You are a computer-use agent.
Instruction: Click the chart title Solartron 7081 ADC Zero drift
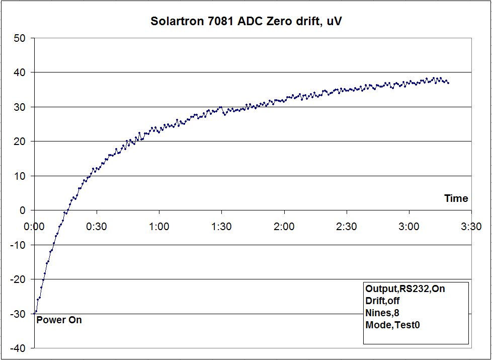point(247,22)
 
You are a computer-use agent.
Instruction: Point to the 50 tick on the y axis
point(20,38)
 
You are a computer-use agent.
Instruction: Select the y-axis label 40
point(20,73)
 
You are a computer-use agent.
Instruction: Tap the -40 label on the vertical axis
point(18,348)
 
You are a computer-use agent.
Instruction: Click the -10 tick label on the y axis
point(18,245)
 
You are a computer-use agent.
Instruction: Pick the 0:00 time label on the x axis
point(34,227)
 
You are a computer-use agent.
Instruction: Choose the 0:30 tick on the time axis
point(97,227)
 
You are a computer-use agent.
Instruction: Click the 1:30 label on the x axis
point(221,227)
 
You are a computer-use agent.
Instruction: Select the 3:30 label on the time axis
point(471,227)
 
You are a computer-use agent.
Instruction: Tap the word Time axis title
point(456,199)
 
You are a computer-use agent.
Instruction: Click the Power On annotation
point(59,320)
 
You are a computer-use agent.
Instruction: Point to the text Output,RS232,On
point(405,289)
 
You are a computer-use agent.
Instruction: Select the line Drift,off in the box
point(382,301)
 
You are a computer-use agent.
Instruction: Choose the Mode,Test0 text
point(392,325)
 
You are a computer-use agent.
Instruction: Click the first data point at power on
point(34,313)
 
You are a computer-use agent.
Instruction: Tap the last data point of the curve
point(448,83)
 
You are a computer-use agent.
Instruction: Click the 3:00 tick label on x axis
point(408,227)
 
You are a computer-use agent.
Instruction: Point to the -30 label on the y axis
point(18,314)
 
